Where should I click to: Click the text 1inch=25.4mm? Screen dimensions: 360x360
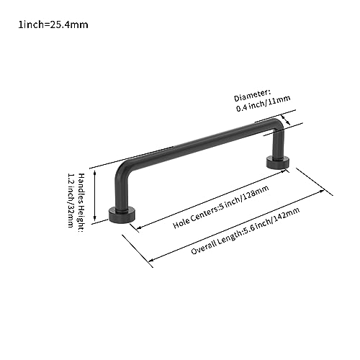pyautogui.click(x=53, y=24)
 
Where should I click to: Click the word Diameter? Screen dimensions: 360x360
pyautogui.click(x=253, y=96)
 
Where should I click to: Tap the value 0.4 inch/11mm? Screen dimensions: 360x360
pyautogui.click(x=264, y=104)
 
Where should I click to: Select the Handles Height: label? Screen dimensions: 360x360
pyautogui.click(x=81, y=203)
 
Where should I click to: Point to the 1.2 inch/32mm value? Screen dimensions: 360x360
pyautogui.click(x=71, y=200)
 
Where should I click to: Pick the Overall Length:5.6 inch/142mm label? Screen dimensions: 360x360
pyautogui.click(x=246, y=230)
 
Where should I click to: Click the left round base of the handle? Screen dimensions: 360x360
pyautogui.click(x=122, y=215)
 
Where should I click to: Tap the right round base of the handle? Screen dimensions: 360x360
pyautogui.click(x=278, y=163)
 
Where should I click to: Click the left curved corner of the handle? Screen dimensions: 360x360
pyautogui.click(x=123, y=168)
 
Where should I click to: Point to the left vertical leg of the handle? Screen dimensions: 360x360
pyautogui.click(x=121, y=193)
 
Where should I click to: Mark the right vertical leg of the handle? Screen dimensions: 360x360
pyautogui.click(x=279, y=145)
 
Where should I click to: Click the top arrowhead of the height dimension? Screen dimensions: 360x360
pyautogui.click(x=95, y=174)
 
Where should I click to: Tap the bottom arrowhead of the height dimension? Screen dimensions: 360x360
pyautogui.click(x=95, y=218)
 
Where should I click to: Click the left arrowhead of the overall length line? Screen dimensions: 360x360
pyautogui.click(x=152, y=260)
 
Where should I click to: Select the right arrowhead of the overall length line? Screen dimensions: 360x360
pyautogui.click(x=321, y=192)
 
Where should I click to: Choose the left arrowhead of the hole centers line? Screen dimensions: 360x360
pyautogui.click(x=139, y=228)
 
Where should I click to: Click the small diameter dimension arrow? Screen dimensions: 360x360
pyautogui.click(x=286, y=120)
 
